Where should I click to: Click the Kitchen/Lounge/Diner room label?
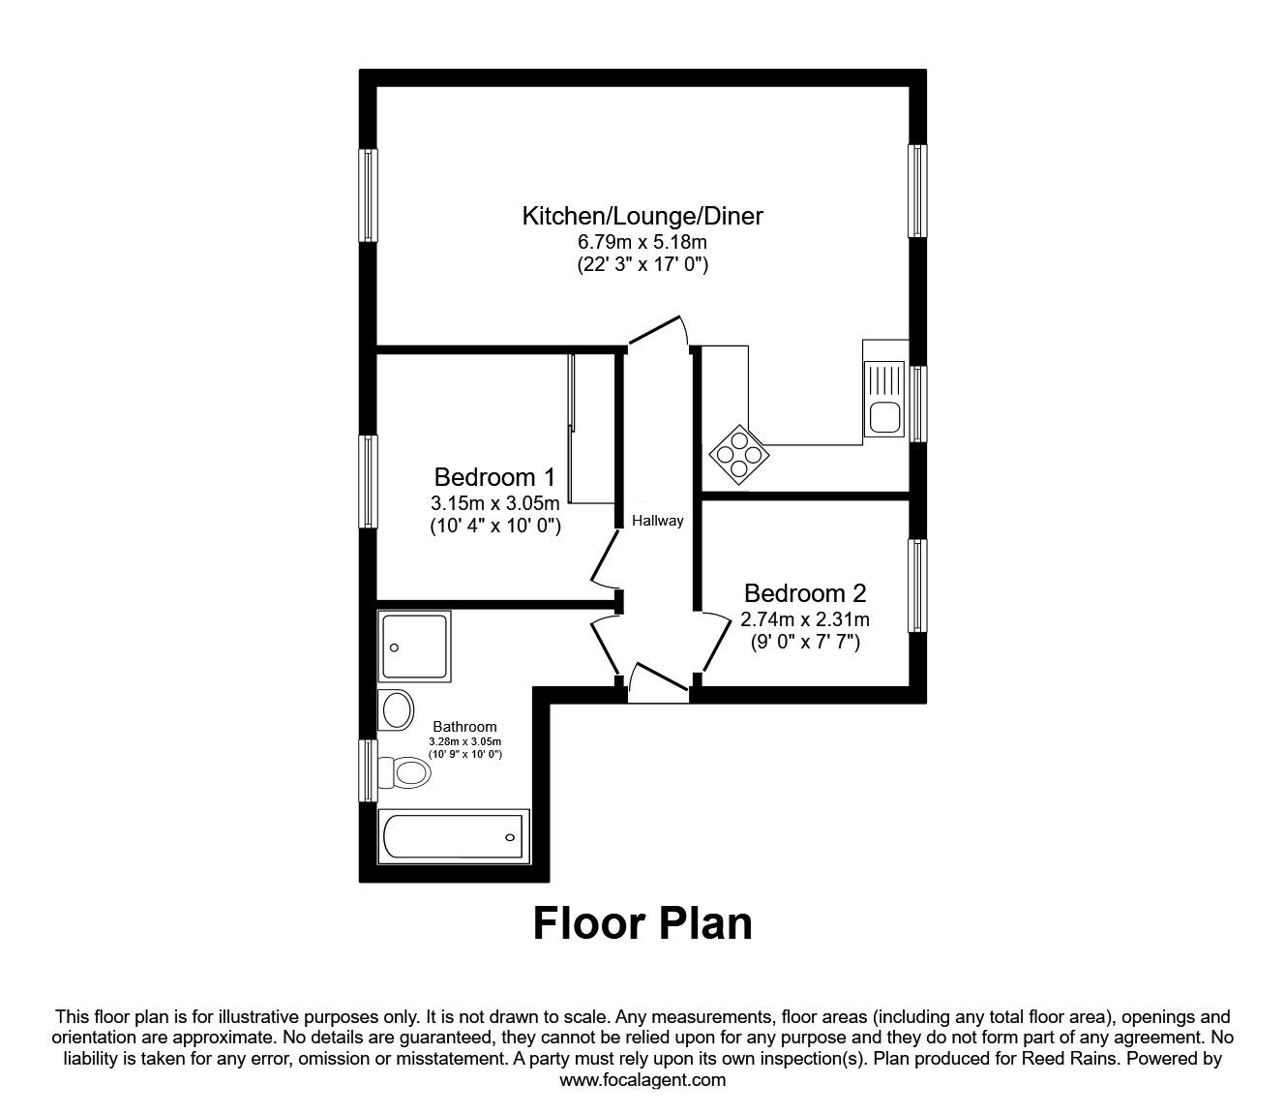(642, 216)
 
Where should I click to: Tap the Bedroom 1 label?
(494, 477)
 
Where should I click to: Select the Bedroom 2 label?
(804, 593)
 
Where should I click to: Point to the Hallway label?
(657, 521)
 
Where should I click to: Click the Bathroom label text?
(464, 727)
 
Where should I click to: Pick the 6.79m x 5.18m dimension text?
(642, 242)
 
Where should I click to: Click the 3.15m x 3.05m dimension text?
(494, 503)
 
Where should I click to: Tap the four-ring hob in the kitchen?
(740, 456)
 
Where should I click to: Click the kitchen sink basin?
(883, 418)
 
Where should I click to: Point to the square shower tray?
(416, 647)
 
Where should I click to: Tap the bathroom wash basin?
(397, 710)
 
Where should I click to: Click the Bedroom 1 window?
(369, 481)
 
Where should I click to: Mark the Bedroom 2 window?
(917, 586)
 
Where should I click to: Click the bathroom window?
(368, 771)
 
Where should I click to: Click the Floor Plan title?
(642, 923)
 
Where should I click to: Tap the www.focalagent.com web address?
(642, 1080)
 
